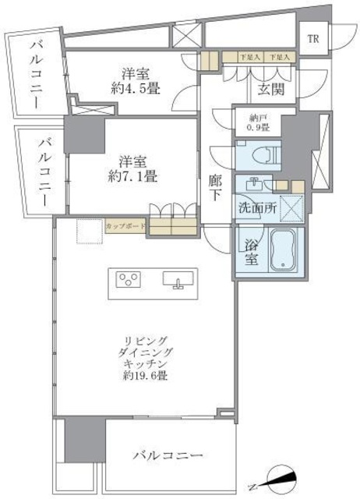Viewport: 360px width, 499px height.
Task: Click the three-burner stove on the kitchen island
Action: pos(129,279)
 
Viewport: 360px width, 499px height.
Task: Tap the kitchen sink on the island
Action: pos(175,279)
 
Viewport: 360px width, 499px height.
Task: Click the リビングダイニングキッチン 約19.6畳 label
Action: pos(147,358)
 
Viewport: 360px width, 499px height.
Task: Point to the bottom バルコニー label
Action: pos(168,455)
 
